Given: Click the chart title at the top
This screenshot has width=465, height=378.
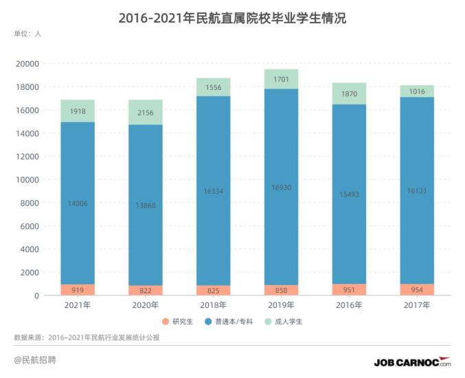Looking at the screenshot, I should [x=232, y=19].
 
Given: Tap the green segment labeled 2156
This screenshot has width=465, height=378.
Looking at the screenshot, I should [x=145, y=112].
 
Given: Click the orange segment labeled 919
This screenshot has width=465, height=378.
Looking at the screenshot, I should [x=78, y=289].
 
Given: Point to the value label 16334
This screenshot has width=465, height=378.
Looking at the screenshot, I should [x=213, y=192].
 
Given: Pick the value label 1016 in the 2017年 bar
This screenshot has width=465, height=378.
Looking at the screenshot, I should [x=417, y=91].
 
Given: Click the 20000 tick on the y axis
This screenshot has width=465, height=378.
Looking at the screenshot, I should [x=27, y=64].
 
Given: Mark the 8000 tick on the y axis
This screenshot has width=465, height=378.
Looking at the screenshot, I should [x=30, y=203].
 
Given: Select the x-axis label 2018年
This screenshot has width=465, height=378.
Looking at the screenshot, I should [x=213, y=305].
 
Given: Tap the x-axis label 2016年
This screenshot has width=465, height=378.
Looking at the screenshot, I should [x=349, y=305].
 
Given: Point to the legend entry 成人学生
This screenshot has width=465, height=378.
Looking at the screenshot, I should [x=284, y=322].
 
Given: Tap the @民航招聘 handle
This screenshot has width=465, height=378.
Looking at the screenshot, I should [x=36, y=360].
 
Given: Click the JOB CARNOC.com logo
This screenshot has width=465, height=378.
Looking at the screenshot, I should [x=412, y=362].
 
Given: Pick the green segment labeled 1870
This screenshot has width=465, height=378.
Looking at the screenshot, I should [x=349, y=93].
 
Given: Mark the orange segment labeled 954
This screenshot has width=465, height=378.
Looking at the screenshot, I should [x=417, y=289].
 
